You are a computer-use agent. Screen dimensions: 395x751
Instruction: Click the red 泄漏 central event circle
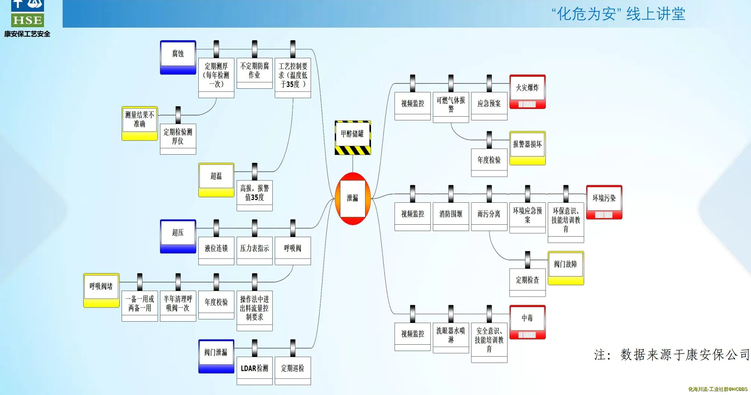[x=352, y=198]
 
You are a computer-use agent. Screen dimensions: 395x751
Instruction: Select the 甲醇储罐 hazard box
[x=352, y=137]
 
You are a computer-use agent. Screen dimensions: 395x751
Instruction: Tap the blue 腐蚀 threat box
[x=178, y=57]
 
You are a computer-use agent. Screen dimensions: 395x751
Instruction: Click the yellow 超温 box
[x=216, y=180]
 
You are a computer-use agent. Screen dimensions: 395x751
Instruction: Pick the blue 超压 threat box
[x=178, y=236]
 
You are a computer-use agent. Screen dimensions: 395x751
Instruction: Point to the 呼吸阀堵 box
[x=101, y=290]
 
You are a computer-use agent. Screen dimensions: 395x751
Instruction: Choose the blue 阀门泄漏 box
[x=216, y=356]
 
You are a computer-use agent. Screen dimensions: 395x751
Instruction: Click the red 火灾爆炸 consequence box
[x=527, y=91]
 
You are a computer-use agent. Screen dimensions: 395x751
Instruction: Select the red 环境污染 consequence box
[x=604, y=202]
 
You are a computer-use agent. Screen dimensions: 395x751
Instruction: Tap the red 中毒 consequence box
[x=527, y=322]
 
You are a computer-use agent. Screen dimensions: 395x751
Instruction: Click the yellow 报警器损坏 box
[x=527, y=148]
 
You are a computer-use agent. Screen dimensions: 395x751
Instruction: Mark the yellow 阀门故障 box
[x=566, y=268]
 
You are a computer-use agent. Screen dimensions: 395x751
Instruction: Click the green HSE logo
[x=28, y=20]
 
